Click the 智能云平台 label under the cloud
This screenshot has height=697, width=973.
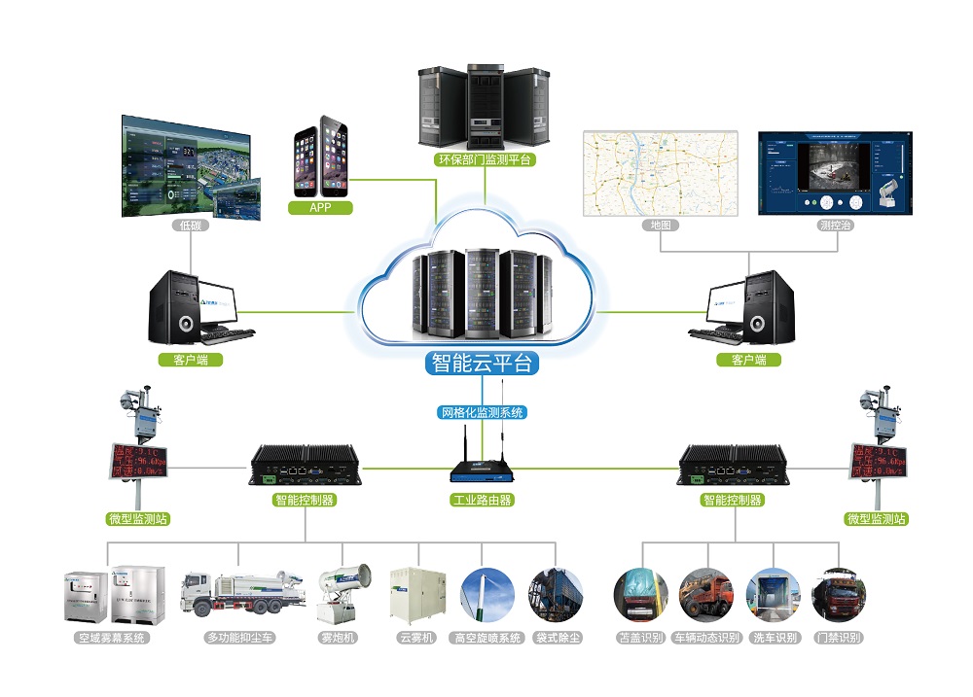point(482,364)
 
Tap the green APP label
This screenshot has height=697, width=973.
point(321,207)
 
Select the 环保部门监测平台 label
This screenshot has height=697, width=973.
point(484,159)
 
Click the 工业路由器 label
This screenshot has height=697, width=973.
point(482,500)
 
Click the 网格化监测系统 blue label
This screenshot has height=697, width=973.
point(483,412)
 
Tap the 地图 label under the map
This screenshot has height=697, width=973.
point(661,225)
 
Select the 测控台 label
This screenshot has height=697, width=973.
point(836,225)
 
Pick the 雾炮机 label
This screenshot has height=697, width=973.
point(339,638)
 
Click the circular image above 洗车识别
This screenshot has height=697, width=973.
point(774,594)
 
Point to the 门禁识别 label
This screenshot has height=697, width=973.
point(839,638)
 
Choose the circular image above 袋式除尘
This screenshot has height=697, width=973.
point(556,594)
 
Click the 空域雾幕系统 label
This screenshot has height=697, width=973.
point(112,638)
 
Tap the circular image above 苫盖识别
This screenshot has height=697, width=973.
point(640,594)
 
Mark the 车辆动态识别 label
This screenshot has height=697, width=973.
point(706,638)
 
